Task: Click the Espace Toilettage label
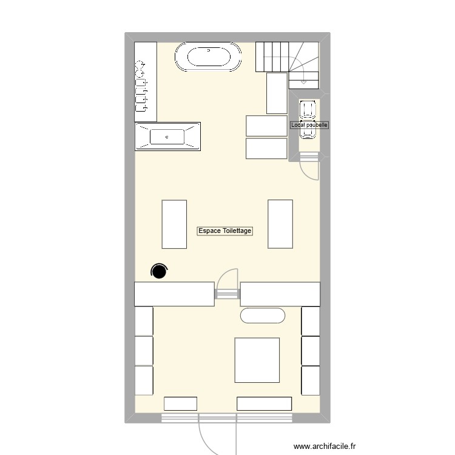225,231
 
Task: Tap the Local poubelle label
309,125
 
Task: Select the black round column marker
160,271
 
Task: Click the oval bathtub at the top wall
208,58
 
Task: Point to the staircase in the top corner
288,62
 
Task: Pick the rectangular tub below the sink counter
167,136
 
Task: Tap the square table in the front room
257,360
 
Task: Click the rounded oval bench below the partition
263,315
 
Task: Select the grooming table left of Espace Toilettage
174,224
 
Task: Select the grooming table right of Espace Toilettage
280,224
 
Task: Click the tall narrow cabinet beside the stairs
277,93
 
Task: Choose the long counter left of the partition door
174,294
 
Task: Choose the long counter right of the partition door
280,294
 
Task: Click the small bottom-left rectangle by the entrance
180,403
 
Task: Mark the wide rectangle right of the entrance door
265,403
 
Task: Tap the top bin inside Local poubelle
308,110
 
